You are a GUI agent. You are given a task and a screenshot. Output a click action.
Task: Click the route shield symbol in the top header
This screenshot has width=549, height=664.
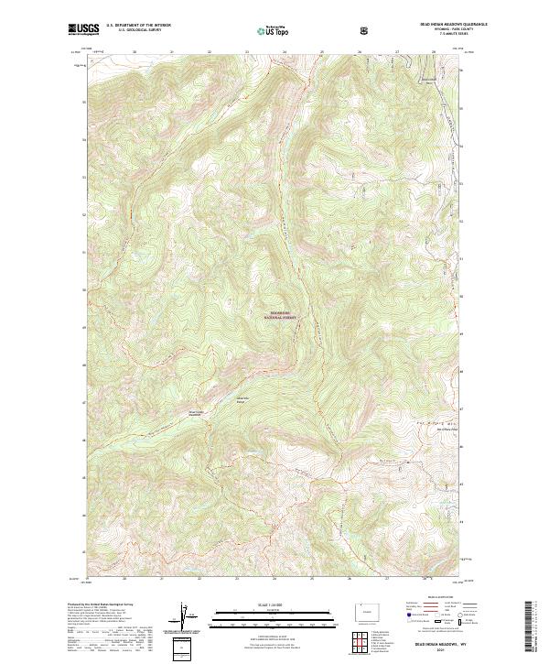tap(366, 30)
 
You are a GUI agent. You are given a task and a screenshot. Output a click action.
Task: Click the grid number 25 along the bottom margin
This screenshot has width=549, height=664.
tap(311, 579)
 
